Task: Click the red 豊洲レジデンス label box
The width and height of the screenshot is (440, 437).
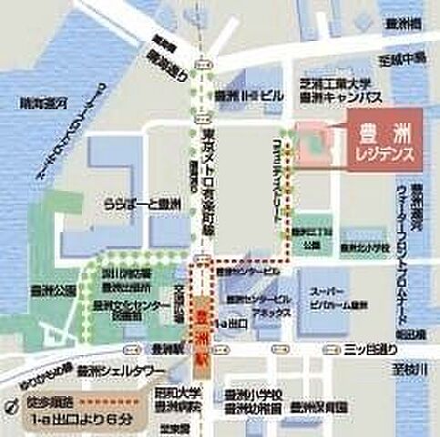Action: (x=384, y=139)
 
